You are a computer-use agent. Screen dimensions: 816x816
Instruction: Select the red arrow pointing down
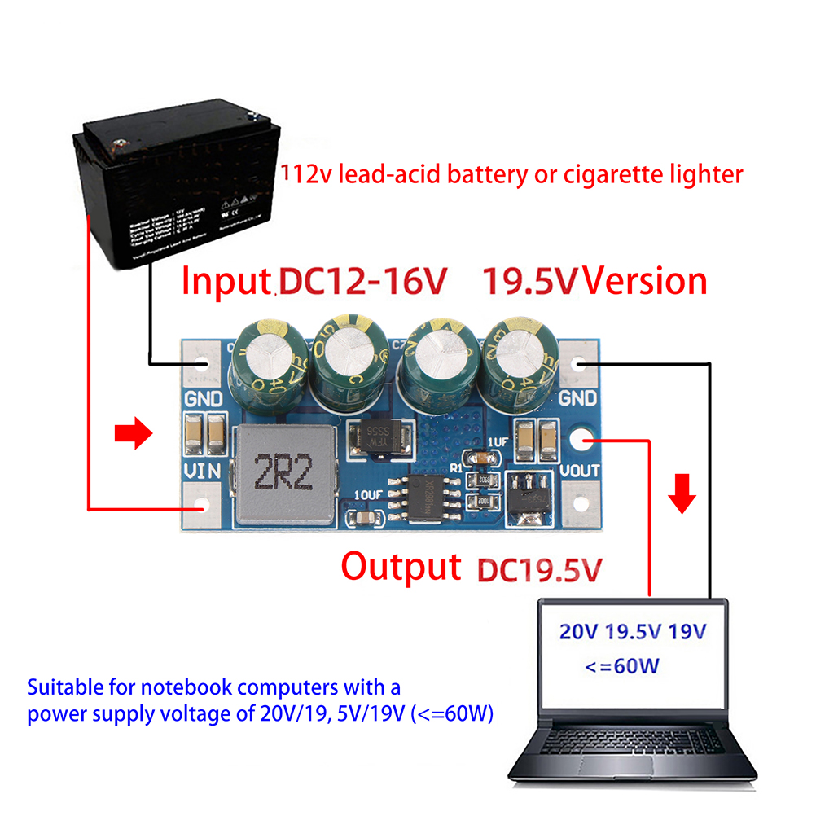coord(683,494)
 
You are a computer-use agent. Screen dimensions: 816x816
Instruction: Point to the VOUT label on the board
coord(580,470)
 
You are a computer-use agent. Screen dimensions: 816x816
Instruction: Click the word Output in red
coord(400,566)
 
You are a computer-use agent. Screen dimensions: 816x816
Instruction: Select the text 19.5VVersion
coord(594,280)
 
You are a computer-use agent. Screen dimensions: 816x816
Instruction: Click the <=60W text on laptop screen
coord(621,666)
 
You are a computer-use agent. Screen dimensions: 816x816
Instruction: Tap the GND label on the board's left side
coord(204,400)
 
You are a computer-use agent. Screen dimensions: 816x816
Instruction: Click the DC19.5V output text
coord(539,568)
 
